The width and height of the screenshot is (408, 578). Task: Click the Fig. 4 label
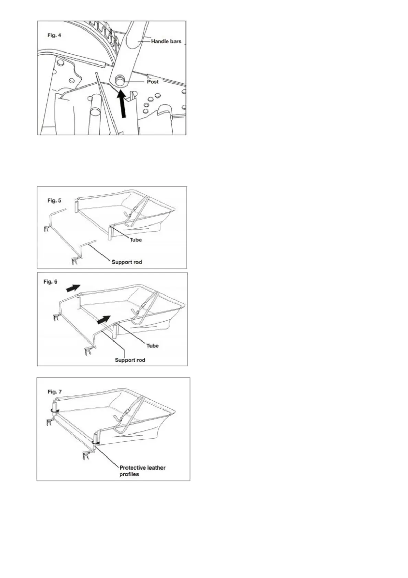tap(54, 35)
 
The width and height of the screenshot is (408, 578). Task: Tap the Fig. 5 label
tap(54, 201)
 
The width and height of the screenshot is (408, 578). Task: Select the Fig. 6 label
tap(50, 282)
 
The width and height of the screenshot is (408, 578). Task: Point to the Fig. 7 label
tap(55, 392)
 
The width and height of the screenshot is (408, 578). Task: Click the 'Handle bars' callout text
tap(166, 41)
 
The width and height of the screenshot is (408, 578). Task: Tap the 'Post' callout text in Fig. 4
tap(153, 82)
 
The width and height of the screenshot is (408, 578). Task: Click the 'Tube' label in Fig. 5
tap(135, 240)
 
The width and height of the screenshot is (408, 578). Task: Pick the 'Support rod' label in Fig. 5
tap(127, 262)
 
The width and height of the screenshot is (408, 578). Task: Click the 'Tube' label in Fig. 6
tap(153, 346)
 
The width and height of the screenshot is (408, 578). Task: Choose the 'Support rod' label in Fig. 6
tap(130, 360)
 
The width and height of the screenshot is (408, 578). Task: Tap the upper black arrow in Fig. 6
tap(73, 288)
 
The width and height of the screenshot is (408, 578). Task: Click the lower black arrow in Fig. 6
tap(104, 320)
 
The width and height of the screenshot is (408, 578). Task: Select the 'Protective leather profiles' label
tap(142, 471)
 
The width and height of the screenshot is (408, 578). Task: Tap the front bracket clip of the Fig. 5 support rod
tap(75, 261)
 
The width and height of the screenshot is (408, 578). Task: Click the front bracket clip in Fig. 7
tap(86, 456)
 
